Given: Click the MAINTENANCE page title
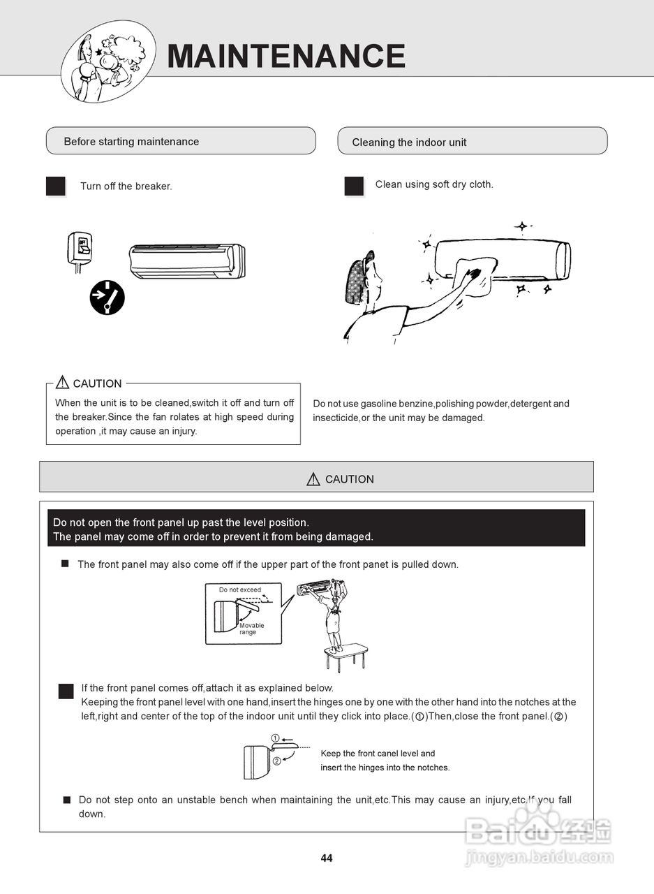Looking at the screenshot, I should point(286,56).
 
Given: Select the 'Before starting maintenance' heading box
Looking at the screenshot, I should point(181,141).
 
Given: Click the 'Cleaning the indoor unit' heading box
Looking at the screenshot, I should point(472,142).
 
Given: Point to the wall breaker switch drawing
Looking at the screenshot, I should point(80,248).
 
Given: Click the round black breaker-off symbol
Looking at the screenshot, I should point(107,298).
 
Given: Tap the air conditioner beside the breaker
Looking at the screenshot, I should point(187,261).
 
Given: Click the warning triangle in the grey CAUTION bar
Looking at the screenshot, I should point(313,479).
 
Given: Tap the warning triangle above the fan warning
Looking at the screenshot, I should point(63,383).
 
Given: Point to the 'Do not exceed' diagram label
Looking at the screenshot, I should point(240,589).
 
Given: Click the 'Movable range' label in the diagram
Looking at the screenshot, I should point(251,629).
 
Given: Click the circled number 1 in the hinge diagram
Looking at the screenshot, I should point(275,738).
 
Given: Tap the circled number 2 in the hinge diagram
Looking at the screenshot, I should point(276,761).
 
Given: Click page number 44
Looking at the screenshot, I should point(327,858).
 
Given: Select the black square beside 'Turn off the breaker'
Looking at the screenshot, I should point(56,186).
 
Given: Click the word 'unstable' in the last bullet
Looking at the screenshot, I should point(184,800).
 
